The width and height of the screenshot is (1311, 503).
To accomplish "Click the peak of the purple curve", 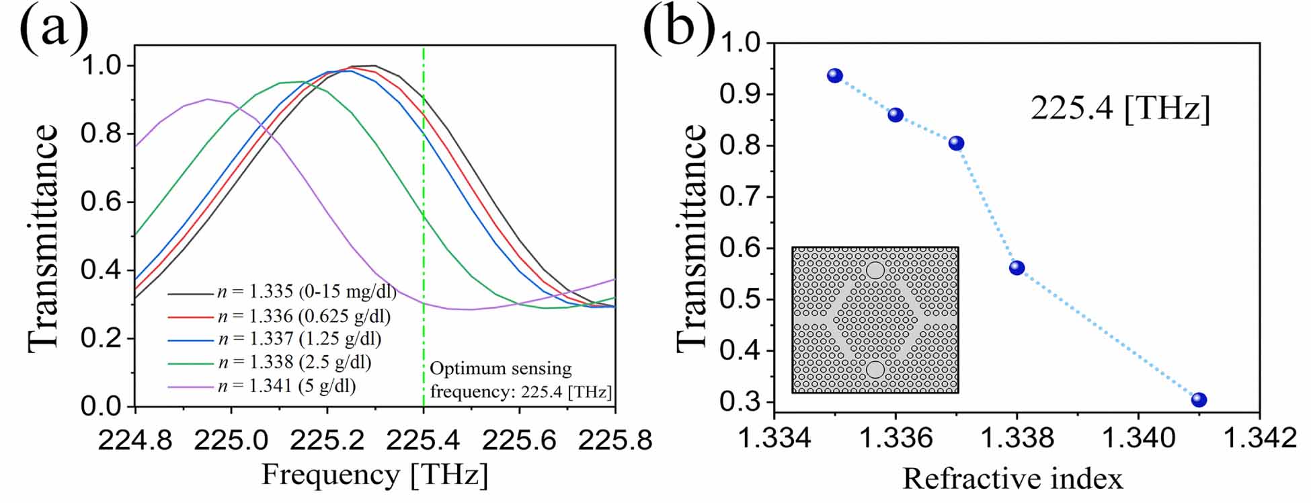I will click(x=207, y=100).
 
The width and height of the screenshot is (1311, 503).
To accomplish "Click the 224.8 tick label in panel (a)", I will click(x=135, y=440).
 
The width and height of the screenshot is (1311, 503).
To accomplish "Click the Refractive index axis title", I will click(x=1012, y=479).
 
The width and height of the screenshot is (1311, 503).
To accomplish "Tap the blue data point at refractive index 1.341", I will click(x=1199, y=400).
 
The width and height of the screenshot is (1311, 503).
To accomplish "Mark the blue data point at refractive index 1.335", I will click(x=835, y=75).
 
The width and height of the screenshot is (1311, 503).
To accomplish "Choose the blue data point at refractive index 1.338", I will click(x=1017, y=268).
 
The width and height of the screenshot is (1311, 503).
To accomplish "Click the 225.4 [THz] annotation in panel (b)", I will click(x=1120, y=108).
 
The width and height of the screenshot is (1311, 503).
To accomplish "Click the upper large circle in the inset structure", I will click(x=875, y=270).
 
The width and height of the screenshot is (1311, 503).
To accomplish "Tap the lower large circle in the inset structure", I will click(x=875, y=369).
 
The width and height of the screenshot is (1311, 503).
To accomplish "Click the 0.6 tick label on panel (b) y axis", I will click(x=740, y=249).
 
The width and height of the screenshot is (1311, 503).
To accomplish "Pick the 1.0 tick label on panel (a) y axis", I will click(x=101, y=66).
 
